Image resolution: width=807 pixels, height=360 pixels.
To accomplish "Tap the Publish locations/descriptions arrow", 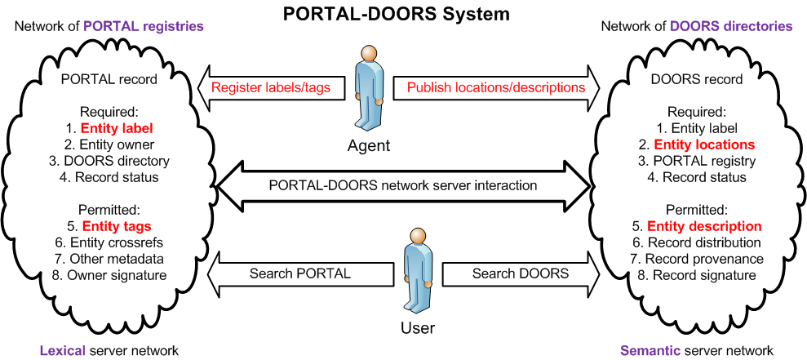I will [496, 87].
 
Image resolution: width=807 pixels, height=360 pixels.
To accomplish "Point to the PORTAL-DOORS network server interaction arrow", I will [402, 185].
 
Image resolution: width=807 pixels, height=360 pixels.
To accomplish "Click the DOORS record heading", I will [697, 80].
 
